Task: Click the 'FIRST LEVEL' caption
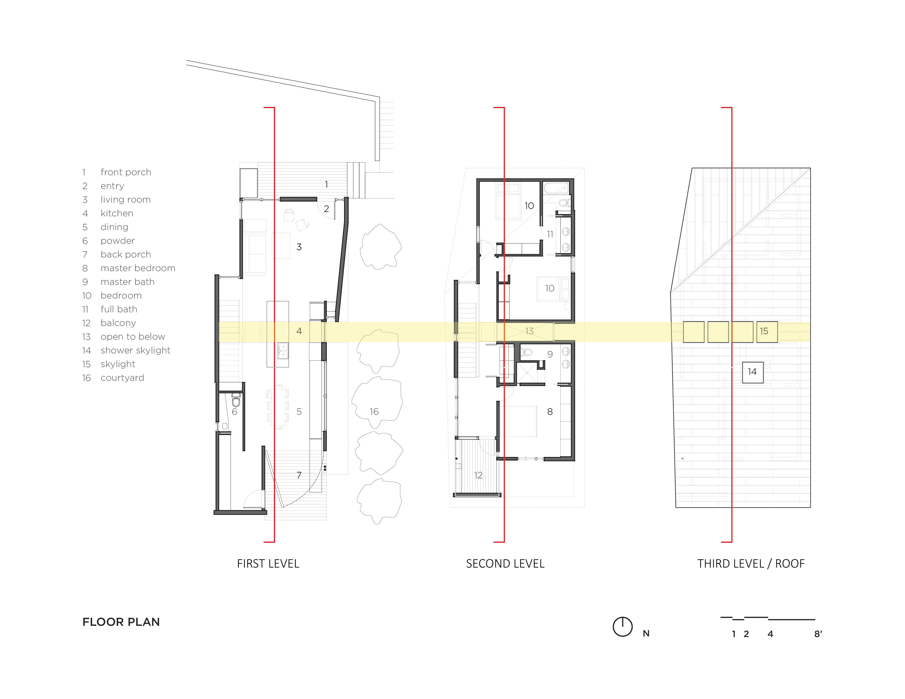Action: tap(268, 564)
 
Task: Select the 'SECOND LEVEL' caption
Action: tap(505, 564)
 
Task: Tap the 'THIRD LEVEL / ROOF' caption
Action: tap(751, 564)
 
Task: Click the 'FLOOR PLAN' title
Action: tap(121, 622)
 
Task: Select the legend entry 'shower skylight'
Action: tap(135, 351)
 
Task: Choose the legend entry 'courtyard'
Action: tap(122, 378)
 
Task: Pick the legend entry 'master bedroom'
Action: tap(138, 268)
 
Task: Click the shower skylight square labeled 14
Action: tap(753, 372)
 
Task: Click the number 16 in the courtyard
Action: tap(374, 411)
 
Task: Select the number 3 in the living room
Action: tap(299, 247)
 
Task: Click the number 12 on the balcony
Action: tap(478, 475)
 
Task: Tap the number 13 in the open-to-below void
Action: tap(529, 331)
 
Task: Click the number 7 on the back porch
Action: tap(299, 475)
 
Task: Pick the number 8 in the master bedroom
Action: tap(550, 411)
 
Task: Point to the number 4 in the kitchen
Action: tap(299, 331)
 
